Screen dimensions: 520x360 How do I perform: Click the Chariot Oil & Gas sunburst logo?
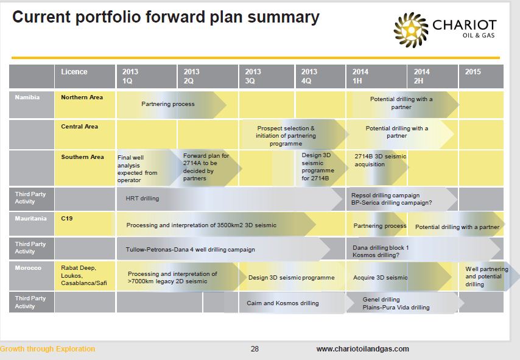coord(410,30)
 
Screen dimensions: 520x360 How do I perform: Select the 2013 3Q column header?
coord(266,76)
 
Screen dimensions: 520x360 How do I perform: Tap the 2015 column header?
coord(481,76)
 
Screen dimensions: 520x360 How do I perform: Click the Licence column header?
coord(85,76)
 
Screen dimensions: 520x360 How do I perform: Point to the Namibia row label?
coord(27,97)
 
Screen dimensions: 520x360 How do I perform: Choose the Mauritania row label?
coord(30,219)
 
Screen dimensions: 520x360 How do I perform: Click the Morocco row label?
coord(28,268)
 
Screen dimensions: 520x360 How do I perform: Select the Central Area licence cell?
coord(85,135)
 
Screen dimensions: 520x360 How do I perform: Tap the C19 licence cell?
coord(85,224)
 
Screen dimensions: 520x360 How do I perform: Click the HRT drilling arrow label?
coord(142,199)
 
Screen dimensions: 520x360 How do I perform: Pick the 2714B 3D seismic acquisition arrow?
coord(378,168)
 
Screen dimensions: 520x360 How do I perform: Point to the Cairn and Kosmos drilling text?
coord(283,303)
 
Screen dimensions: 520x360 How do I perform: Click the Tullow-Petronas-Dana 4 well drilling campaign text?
coord(191,250)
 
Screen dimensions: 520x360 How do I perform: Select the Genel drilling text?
coord(381,299)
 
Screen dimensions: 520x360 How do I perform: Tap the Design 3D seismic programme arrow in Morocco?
coord(292,277)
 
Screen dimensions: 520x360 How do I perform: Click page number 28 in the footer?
coord(255,348)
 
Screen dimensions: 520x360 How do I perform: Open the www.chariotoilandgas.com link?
coord(362,348)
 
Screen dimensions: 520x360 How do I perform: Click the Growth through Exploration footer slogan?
coord(47,348)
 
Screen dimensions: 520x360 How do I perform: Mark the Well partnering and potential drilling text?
coord(487,277)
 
